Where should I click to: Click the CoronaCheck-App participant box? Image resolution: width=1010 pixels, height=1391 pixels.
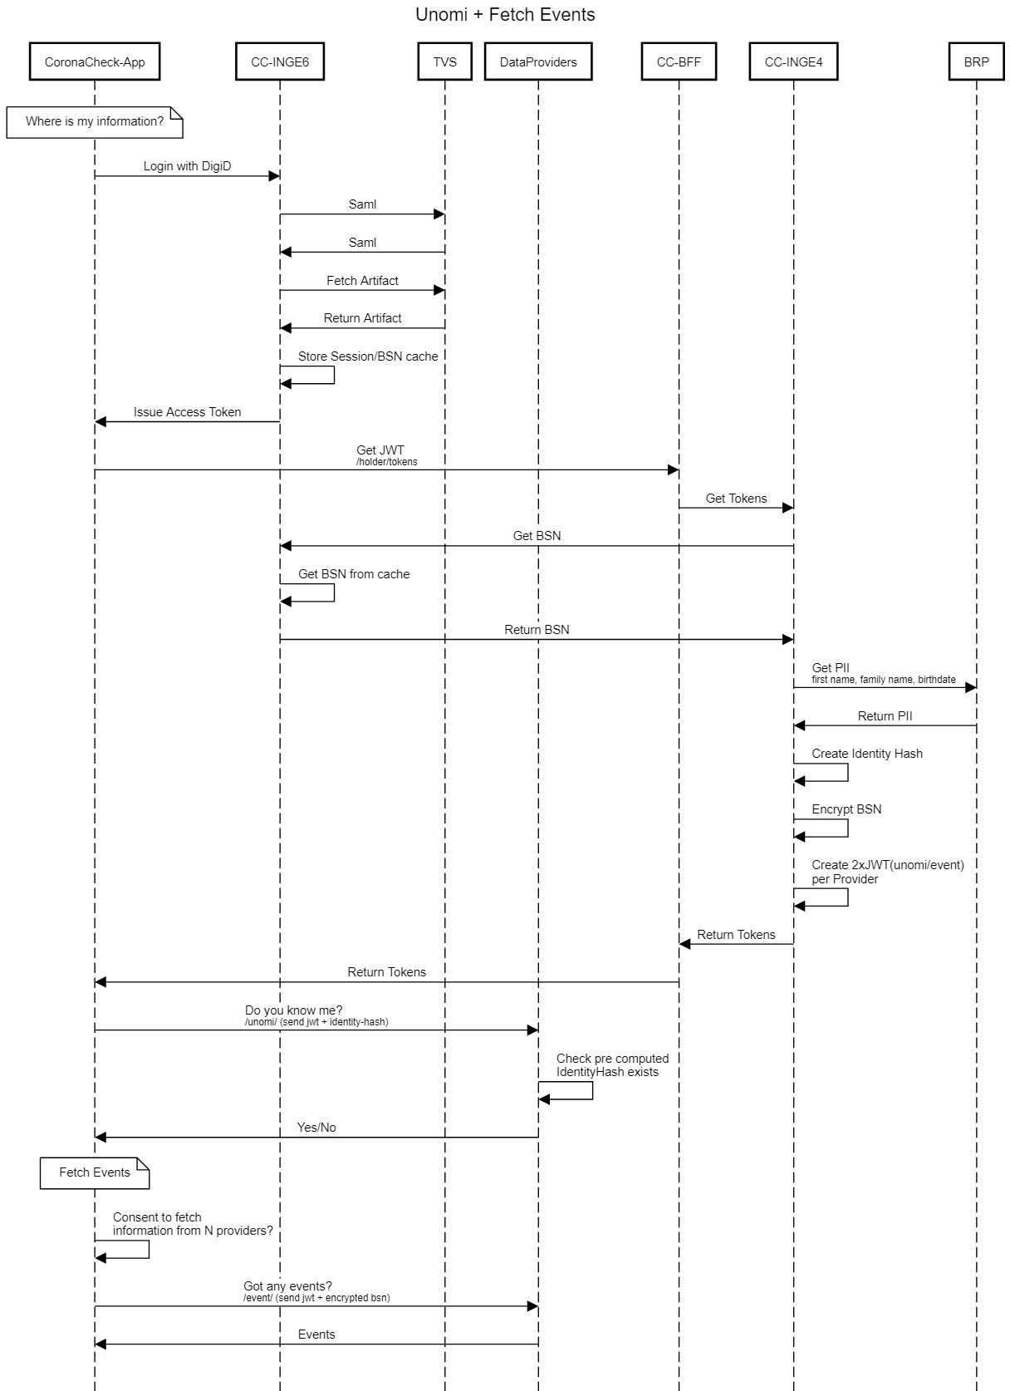[x=95, y=61]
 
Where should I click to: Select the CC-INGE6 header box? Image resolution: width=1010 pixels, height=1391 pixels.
[x=280, y=61]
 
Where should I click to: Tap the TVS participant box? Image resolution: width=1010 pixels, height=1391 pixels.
[x=444, y=61]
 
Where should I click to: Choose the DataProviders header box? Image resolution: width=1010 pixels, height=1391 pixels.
[x=538, y=61]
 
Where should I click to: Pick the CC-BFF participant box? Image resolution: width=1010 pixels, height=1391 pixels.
[x=679, y=61]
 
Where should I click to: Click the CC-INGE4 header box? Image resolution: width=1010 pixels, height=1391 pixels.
[x=793, y=61]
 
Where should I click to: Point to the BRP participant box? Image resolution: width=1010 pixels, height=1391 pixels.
[x=976, y=61]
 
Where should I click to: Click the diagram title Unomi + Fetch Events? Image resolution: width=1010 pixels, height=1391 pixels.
[x=505, y=15]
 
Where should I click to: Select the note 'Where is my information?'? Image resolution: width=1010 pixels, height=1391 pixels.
[x=95, y=121]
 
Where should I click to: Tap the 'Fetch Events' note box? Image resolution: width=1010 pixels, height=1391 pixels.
[x=95, y=1172]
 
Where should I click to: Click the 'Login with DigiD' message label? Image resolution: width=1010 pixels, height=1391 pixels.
[x=187, y=166]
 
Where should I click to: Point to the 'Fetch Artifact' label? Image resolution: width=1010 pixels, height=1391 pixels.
[x=362, y=281]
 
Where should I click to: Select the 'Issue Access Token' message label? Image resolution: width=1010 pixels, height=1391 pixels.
[x=187, y=412]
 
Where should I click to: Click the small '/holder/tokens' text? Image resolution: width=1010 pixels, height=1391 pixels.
[x=387, y=462]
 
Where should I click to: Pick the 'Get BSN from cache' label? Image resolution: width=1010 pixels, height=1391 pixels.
[x=354, y=574]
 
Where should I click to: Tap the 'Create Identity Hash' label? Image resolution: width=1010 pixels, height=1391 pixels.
[x=867, y=754]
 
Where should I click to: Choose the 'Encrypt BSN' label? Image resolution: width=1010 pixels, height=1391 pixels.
[x=846, y=809]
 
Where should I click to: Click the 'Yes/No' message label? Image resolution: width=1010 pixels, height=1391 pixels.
[x=316, y=1128]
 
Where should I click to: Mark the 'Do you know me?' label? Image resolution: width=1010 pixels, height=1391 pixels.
[x=293, y=1010]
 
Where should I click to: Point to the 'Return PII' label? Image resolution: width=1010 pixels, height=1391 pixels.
[x=885, y=716]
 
